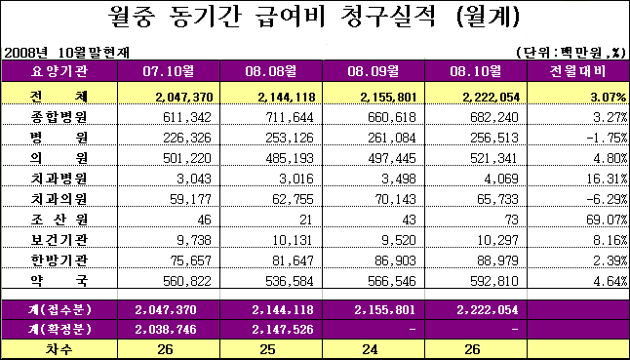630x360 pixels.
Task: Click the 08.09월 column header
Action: (x=374, y=71)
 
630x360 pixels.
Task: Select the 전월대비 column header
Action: (x=578, y=71)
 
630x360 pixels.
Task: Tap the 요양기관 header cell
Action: (x=59, y=71)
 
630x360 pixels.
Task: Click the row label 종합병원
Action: (x=59, y=117)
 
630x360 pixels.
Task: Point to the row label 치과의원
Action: (x=59, y=199)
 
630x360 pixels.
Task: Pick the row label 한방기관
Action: (x=59, y=260)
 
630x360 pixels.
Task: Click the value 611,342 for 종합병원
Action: (x=187, y=117)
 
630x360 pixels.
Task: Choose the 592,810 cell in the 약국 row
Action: (x=494, y=281)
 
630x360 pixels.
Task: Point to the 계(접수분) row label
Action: (x=59, y=310)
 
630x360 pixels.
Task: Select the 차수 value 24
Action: (x=370, y=349)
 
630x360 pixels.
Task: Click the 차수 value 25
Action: (x=267, y=349)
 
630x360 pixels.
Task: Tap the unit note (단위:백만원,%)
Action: (x=571, y=53)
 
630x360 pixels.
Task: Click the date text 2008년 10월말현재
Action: (x=66, y=53)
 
